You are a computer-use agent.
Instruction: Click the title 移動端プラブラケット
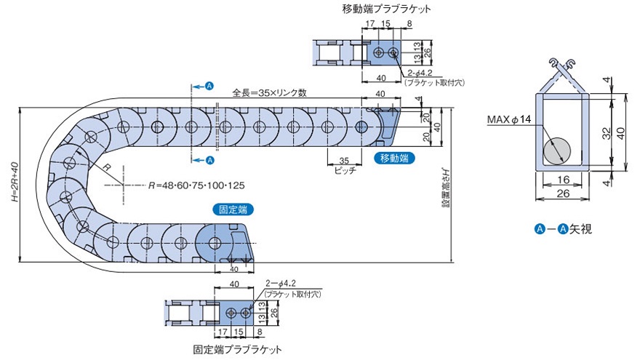(x=385, y=9)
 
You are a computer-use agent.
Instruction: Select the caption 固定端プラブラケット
(x=237, y=350)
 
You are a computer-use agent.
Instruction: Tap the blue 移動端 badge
(x=393, y=158)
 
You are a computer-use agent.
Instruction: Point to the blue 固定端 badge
(x=233, y=209)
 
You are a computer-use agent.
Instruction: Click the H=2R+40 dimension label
(x=9, y=186)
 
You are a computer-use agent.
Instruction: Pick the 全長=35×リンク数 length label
(x=269, y=93)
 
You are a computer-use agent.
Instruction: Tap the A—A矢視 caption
(x=564, y=229)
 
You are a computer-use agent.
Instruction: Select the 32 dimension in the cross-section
(x=607, y=133)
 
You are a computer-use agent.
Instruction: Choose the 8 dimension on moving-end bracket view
(x=409, y=24)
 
